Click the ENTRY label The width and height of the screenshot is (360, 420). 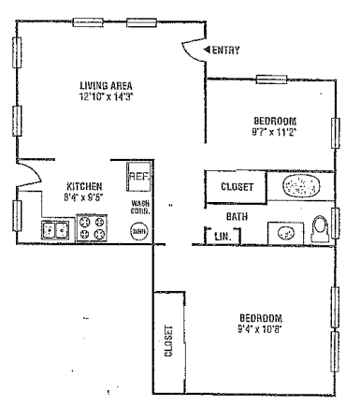(x=227, y=50)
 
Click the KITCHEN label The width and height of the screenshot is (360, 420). (x=84, y=186)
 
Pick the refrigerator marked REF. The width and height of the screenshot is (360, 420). (x=137, y=176)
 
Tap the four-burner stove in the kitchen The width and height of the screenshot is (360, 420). (x=92, y=227)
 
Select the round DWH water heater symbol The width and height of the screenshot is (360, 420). (x=138, y=230)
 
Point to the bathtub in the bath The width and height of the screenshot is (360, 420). (x=300, y=186)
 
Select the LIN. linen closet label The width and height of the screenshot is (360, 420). (x=221, y=236)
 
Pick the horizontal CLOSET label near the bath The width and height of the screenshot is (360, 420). (x=236, y=187)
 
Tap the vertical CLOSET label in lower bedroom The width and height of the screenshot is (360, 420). (x=169, y=342)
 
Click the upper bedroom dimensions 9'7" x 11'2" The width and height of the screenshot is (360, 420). (x=275, y=133)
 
